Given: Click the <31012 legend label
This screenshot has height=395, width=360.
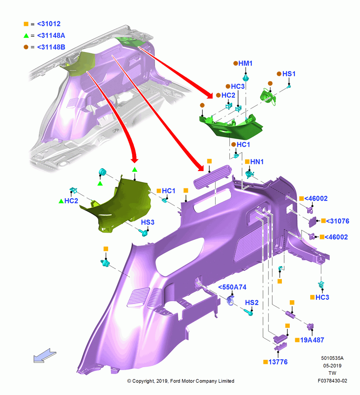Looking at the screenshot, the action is coord(49,24).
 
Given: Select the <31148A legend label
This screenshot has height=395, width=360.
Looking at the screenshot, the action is coord(51,36).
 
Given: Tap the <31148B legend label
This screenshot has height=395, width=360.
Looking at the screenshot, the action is coord(51,47).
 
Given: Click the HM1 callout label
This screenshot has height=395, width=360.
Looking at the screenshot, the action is coord(245,64).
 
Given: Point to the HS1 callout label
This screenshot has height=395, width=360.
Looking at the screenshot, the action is coord(289,74).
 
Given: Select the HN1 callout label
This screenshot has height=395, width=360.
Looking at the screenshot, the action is coord(257,162).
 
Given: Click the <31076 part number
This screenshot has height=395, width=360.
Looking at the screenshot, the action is coord(337,221).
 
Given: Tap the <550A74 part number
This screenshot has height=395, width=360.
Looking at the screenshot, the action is coord(232,287).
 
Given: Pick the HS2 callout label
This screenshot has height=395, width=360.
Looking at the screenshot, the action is coord(252,303).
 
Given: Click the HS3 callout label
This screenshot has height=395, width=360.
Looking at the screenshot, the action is coord(148,222).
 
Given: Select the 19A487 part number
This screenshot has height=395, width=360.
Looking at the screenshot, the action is coord(312,340).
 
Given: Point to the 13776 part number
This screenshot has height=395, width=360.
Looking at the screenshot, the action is coord(278,362).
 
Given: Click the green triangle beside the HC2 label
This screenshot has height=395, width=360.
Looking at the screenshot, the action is coord(61,201).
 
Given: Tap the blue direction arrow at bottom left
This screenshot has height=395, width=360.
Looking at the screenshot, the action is coord(45,355).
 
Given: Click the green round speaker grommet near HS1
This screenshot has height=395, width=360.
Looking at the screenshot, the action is coord(267,97).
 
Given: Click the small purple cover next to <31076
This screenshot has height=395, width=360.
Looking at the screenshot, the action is coord(312,222).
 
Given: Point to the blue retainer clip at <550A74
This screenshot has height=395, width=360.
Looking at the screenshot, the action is coord(231,301).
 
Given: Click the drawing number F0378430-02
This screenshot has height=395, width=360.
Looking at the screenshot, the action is coord(332,381).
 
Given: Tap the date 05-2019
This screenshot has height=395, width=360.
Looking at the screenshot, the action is coord(332,365).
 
